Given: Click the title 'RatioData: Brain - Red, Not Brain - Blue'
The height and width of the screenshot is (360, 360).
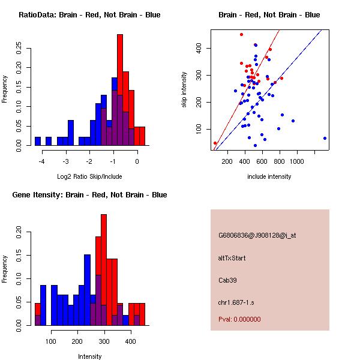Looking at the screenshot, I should point(89,15).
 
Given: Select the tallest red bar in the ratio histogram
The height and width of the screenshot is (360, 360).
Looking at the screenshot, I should point(120,90).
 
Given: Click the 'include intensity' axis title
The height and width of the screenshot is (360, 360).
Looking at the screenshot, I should point(269,177).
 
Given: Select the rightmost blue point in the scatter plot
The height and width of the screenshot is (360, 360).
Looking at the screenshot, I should point(325,138).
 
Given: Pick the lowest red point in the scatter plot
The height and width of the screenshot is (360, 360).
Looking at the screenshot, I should point(215,143).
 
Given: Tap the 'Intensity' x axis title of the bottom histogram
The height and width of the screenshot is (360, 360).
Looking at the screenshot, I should point(90,357).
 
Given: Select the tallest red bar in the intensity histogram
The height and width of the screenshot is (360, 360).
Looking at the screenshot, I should point(104,269).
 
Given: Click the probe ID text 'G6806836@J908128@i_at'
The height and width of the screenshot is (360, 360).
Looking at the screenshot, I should point(257,235).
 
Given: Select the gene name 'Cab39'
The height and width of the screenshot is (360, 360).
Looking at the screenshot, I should point(227,280).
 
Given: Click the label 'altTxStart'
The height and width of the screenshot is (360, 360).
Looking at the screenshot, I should point(232,258).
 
